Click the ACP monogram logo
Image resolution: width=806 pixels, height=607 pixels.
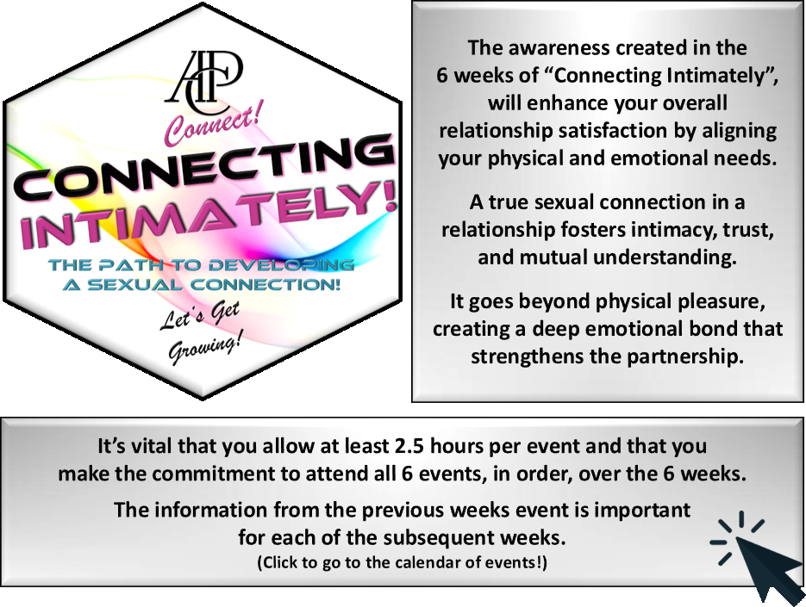point(203,82)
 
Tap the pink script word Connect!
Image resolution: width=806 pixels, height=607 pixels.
point(213,123)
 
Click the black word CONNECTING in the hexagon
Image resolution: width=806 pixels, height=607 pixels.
point(204,169)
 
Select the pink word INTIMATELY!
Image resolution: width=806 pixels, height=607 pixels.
point(209,214)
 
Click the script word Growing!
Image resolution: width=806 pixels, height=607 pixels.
point(204,350)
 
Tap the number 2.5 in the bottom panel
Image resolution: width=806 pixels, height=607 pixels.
point(409,446)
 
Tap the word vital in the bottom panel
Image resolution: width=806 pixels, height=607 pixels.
point(152,446)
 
